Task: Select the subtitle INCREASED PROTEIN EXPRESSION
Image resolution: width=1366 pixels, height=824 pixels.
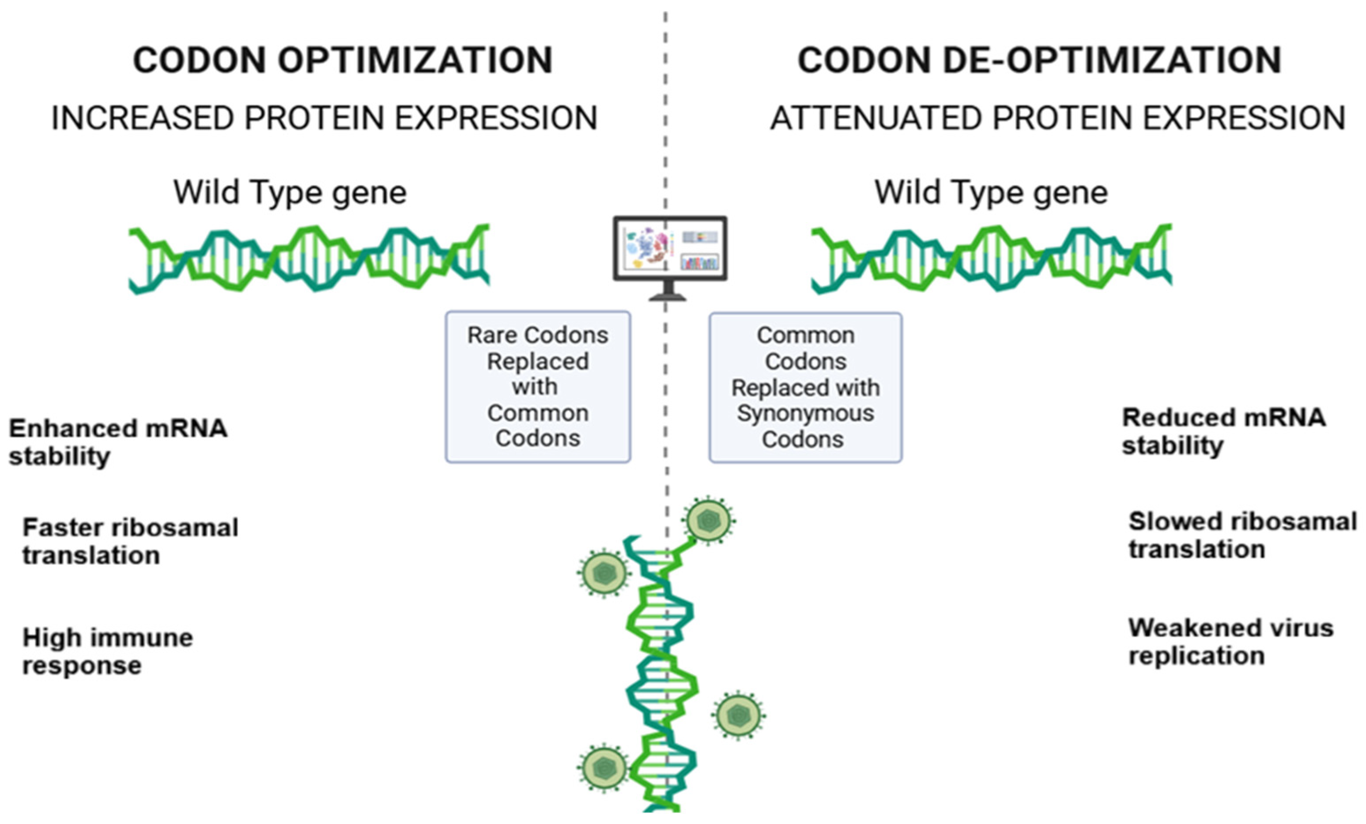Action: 325,118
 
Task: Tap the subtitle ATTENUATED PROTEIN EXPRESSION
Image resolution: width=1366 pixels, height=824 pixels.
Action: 1058,118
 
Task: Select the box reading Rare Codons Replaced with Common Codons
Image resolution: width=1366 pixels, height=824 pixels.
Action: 538,386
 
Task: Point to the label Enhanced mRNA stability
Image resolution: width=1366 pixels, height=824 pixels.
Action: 117,442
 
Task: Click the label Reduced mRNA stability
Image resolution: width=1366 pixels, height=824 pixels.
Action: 1223,431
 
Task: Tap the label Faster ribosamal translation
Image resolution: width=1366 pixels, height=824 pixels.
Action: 130,541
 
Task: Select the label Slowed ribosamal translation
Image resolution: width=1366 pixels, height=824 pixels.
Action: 1242,535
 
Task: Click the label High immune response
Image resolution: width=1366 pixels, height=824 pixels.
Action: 108,651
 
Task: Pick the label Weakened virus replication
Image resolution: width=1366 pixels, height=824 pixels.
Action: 1231,642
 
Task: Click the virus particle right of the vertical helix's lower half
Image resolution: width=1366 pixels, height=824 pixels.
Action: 738,715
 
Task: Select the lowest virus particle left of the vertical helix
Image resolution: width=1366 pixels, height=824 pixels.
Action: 603,768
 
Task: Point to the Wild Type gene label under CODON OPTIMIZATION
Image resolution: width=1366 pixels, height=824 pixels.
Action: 290,192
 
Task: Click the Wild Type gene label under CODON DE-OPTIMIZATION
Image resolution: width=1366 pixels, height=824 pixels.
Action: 991,192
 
